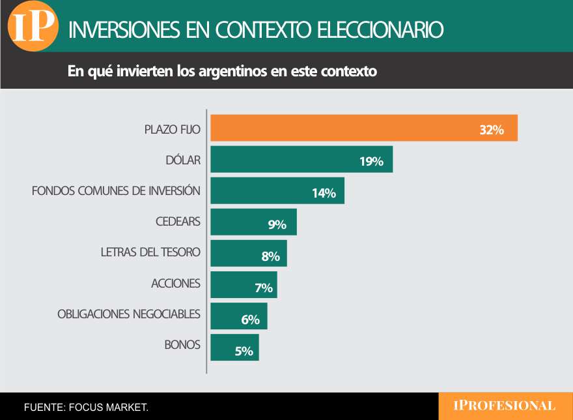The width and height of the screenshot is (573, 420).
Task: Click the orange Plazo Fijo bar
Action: point(363,128)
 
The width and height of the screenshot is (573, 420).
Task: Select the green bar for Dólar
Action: point(301,159)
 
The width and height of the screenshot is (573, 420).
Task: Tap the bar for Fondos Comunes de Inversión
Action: point(277,190)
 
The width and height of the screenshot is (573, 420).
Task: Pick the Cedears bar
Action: point(253,222)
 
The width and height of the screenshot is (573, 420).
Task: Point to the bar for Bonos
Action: point(234,347)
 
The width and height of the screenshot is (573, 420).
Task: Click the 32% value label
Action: point(492,130)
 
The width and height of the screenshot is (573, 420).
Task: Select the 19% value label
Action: point(371,162)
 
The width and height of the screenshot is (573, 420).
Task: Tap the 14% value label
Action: point(323,193)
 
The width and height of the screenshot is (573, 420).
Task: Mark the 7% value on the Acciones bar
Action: point(263,288)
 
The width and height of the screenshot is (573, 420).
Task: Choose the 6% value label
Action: point(250,320)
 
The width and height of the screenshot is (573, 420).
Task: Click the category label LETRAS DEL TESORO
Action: point(150,252)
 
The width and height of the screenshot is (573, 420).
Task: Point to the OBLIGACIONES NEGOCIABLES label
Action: point(129,314)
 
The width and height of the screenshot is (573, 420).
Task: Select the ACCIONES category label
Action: point(176,284)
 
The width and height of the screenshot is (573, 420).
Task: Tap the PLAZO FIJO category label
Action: point(172,129)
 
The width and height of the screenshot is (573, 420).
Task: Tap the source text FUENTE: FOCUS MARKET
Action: point(87,408)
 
